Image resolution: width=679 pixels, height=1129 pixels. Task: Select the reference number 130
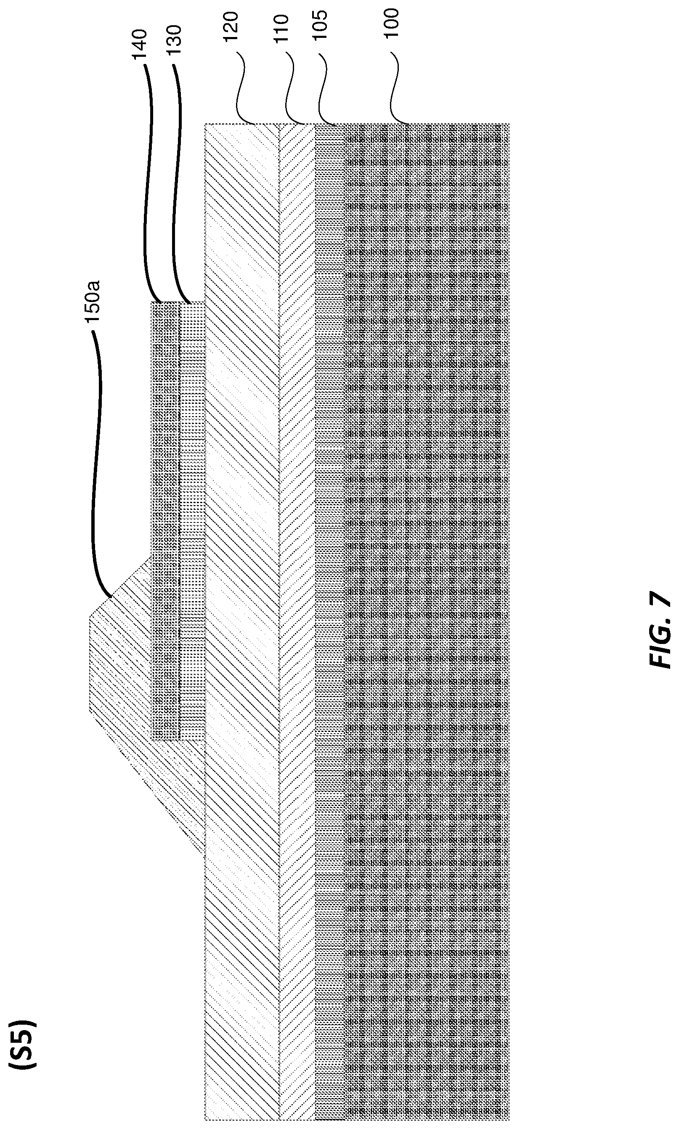tap(174, 40)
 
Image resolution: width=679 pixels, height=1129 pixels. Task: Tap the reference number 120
tap(231, 27)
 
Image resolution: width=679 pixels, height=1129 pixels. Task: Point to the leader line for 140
tap(150, 183)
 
